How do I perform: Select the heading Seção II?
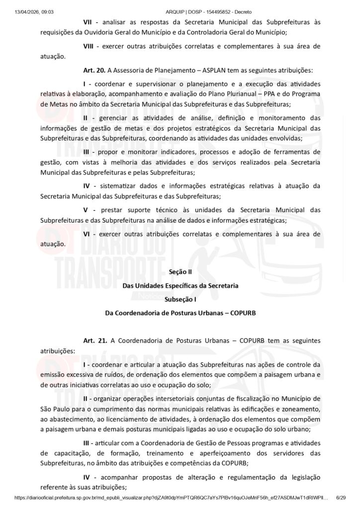[180, 272]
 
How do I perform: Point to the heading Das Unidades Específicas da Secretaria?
[180, 286]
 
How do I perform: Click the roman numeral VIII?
[90, 46]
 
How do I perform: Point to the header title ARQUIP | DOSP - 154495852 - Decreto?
[180, 4]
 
